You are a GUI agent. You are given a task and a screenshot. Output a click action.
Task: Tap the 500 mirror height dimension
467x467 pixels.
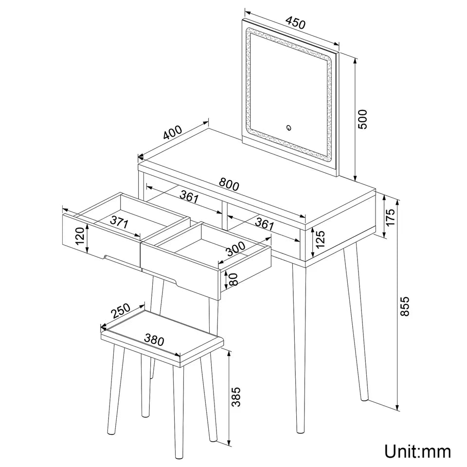click(x=363, y=119)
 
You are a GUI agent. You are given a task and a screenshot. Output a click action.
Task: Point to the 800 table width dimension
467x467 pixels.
click(x=229, y=184)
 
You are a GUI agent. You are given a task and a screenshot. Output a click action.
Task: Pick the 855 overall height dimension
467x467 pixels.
click(x=405, y=306)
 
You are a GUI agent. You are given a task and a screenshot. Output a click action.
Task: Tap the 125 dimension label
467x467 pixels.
click(x=320, y=240)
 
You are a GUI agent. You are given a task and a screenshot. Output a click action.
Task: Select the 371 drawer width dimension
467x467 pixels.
click(x=119, y=223)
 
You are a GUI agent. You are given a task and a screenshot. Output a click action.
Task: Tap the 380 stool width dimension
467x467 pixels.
click(x=155, y=340)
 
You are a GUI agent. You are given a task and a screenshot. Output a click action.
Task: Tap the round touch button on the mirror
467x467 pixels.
click(x=288, y=128)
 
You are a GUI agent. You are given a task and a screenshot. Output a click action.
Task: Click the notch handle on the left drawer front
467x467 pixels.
click(x=106, y=256)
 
